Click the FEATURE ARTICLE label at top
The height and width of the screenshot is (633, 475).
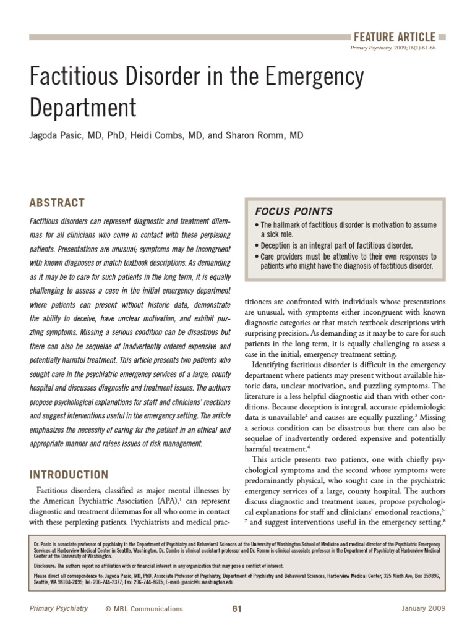394,37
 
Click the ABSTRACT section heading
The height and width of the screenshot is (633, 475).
57,203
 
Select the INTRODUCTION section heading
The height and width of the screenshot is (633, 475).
69,475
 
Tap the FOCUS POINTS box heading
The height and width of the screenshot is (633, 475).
287,211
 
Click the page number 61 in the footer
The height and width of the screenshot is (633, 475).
236,609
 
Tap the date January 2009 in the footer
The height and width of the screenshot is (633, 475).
423,609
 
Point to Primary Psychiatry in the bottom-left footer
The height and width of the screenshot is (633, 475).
59,609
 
